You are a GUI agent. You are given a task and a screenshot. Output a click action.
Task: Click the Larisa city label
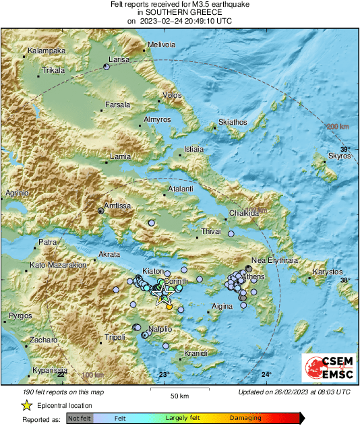pyautogui.click(x=119, y=60)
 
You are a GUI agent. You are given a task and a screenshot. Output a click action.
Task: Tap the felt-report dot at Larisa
pyautogui.click(x=106, y=66)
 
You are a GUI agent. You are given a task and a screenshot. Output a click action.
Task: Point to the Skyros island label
pyautogui.click(x=339, y=156)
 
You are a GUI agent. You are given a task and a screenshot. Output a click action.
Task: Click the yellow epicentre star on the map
pyautogui.click(x=162, y=295)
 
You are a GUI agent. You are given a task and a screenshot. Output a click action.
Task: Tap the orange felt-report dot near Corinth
pyautogui.click(x=169, y=307)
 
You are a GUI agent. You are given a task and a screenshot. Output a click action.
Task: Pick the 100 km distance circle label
pyautogui.click(x=93, y=375)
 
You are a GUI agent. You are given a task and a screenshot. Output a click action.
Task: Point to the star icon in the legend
pyautogui.click(x=26, y=405)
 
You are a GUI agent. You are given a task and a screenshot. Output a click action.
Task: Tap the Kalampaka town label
pyautogui.click(x=46, y=51)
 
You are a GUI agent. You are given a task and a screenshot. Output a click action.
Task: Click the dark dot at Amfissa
pyautogui.click(x=100, y=211)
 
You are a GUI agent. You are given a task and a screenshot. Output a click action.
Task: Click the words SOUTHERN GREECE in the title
pyautogui.click(x=180, y=13)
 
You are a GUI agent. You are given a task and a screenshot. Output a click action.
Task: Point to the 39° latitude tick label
pyautogui.click(x=344, y=149)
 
